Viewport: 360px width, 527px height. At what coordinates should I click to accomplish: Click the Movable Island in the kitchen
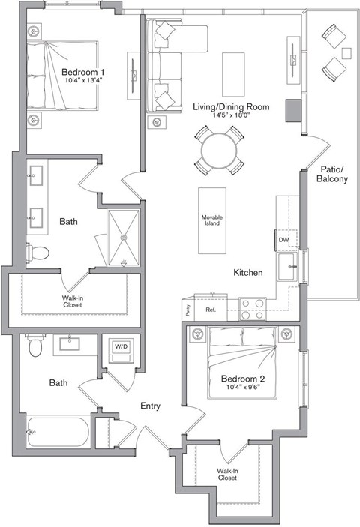[211, 220]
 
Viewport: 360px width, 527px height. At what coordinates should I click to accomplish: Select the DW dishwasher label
[283, 240]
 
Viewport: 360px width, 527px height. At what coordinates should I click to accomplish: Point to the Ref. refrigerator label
[211, 308]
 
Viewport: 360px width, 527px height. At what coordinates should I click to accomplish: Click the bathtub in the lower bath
[57, 432]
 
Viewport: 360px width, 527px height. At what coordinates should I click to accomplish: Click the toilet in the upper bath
[37, 251]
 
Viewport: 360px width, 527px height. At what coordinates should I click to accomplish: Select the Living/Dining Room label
[231, 106]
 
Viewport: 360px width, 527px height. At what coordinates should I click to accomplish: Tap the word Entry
[151, 406]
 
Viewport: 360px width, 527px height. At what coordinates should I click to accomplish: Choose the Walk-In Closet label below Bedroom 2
[227, 474]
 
